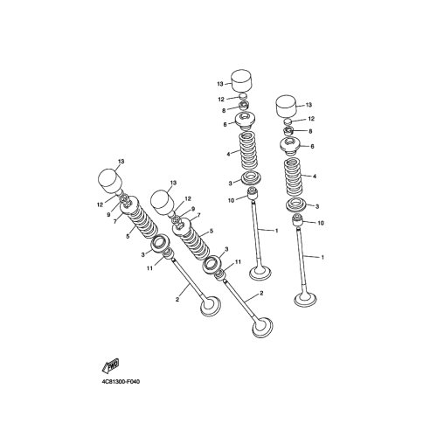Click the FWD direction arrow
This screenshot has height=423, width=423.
coord(110,366)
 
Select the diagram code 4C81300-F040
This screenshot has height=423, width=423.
coord(121,381)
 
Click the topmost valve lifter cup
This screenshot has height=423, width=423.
coord(241,80)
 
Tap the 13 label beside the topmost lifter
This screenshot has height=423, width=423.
coord(220,84)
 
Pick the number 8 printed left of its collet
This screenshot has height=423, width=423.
coord(224,111)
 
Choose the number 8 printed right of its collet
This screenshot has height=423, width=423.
coord(310,131)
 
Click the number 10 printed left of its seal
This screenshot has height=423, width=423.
coord(231,201)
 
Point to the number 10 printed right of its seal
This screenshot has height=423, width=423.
coord(321,223)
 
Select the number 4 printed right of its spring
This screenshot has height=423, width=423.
coord(315,177)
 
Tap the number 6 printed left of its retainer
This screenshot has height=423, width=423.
coord(225,124)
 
